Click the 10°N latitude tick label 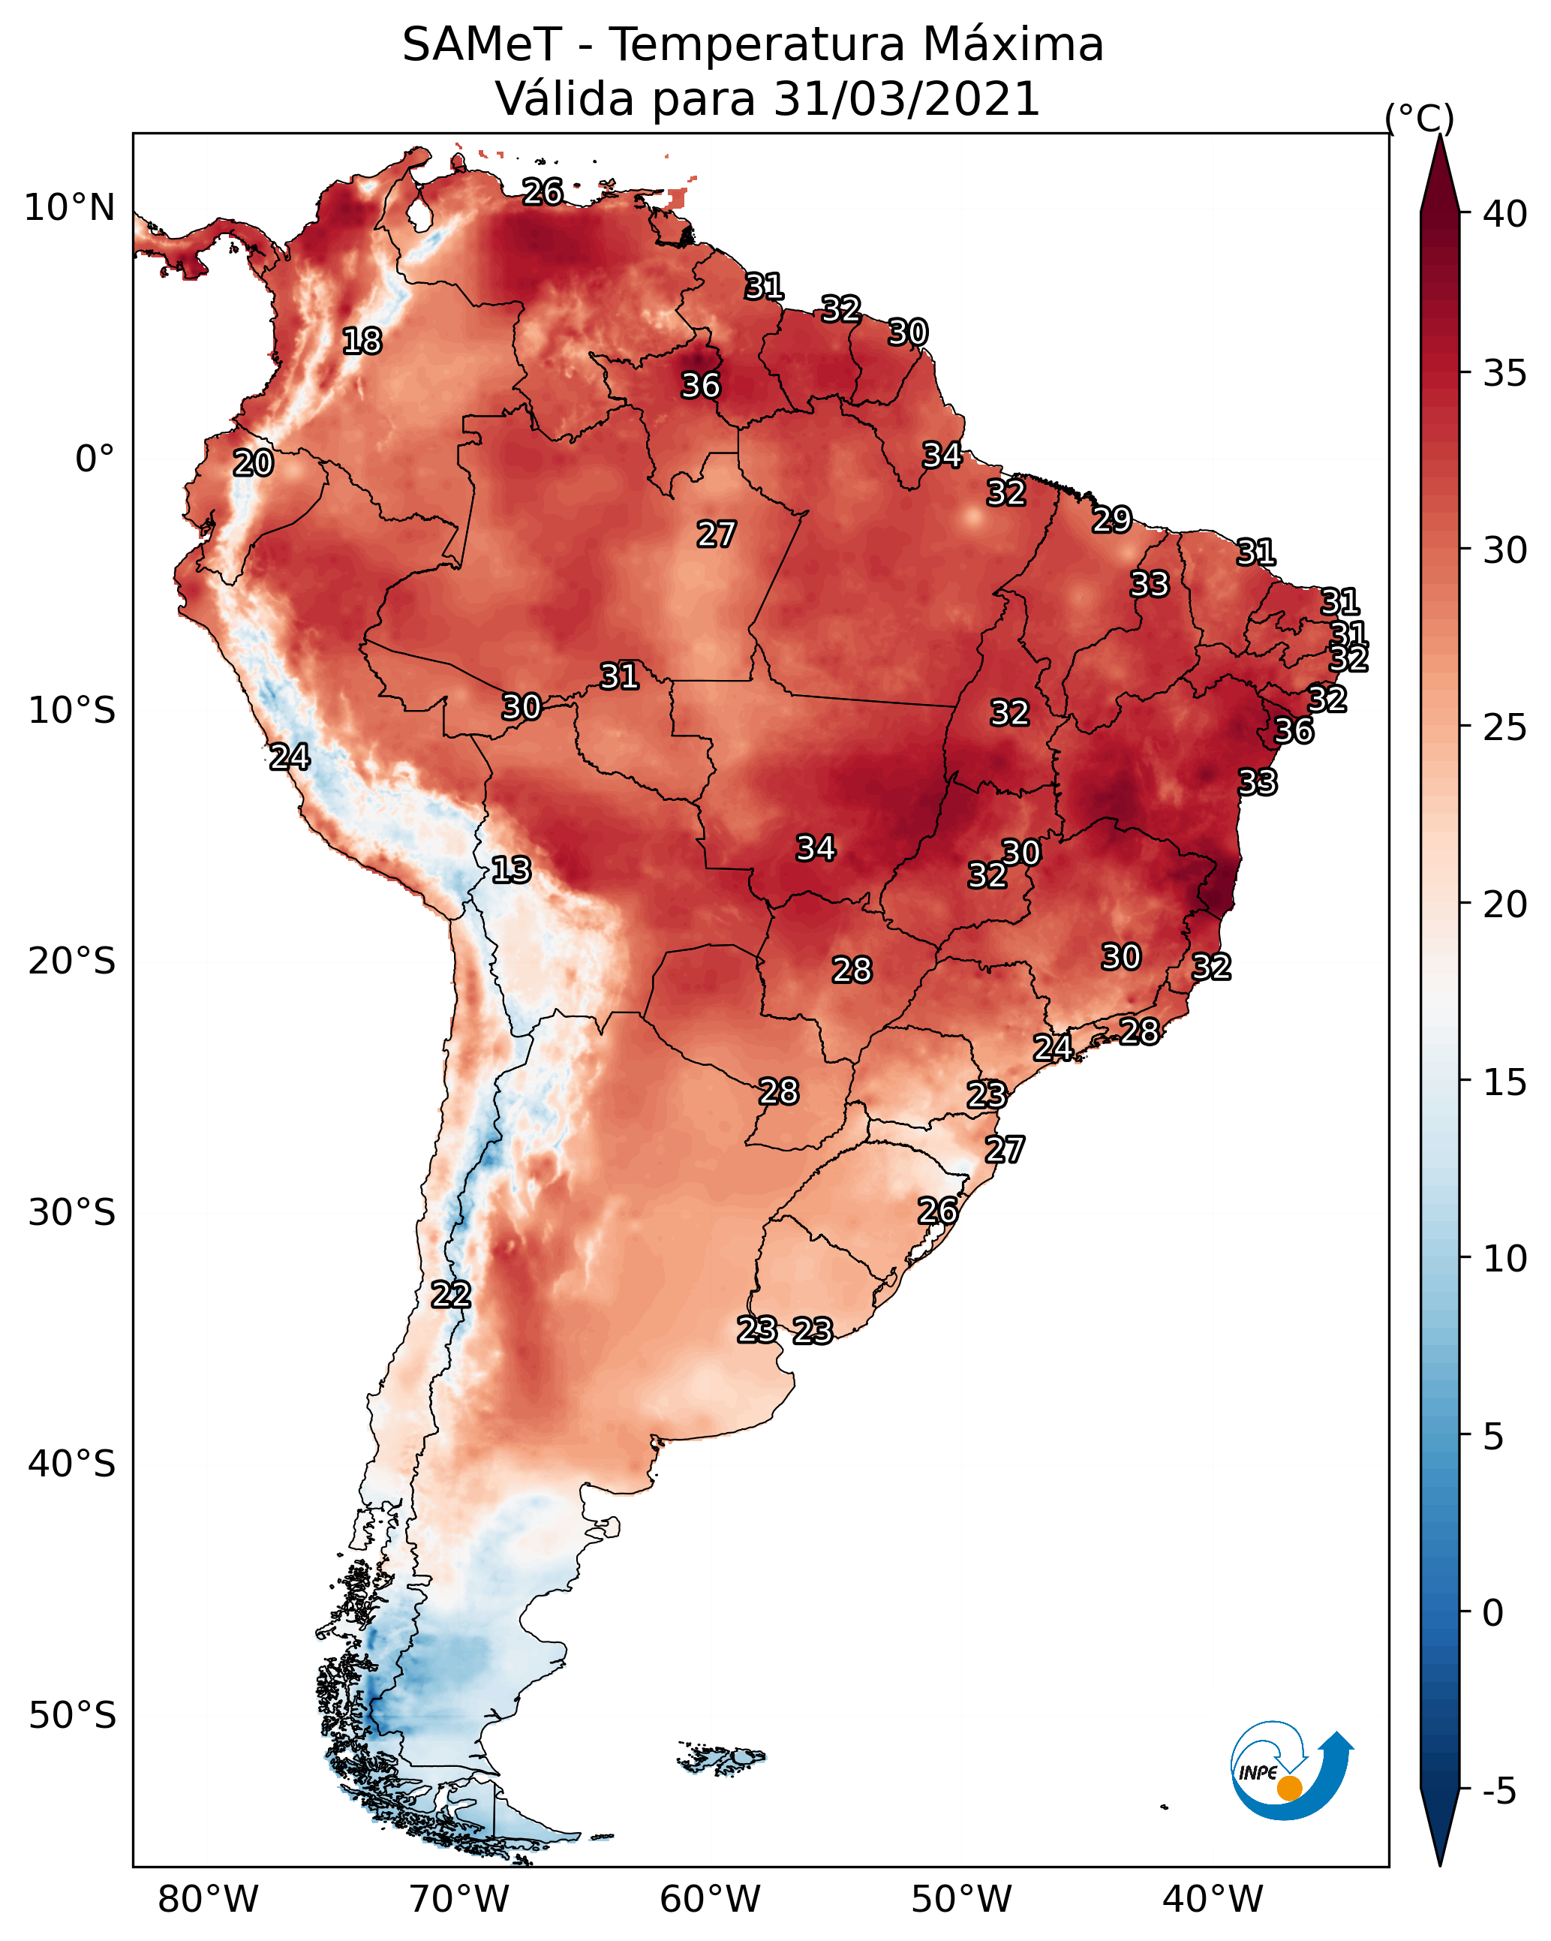point(69,208)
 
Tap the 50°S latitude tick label point(72,1716)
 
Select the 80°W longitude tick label point(208,1899)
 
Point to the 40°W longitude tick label point(1213,1899)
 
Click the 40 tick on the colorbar point(1505,214)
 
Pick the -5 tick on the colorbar point(1498,1792)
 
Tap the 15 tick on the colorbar point(1505,1082)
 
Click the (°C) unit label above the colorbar point(1419,118)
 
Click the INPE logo point(1290,1770)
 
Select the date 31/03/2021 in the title point(906,99)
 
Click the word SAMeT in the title point(482,45)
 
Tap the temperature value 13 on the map point(511,870)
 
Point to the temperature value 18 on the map point(362,342)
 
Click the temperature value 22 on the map point(451,1295)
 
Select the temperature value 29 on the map point(1112,519)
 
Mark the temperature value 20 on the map point(253,464)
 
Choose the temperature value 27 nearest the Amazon point(717,534)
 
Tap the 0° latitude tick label point(95,459)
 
